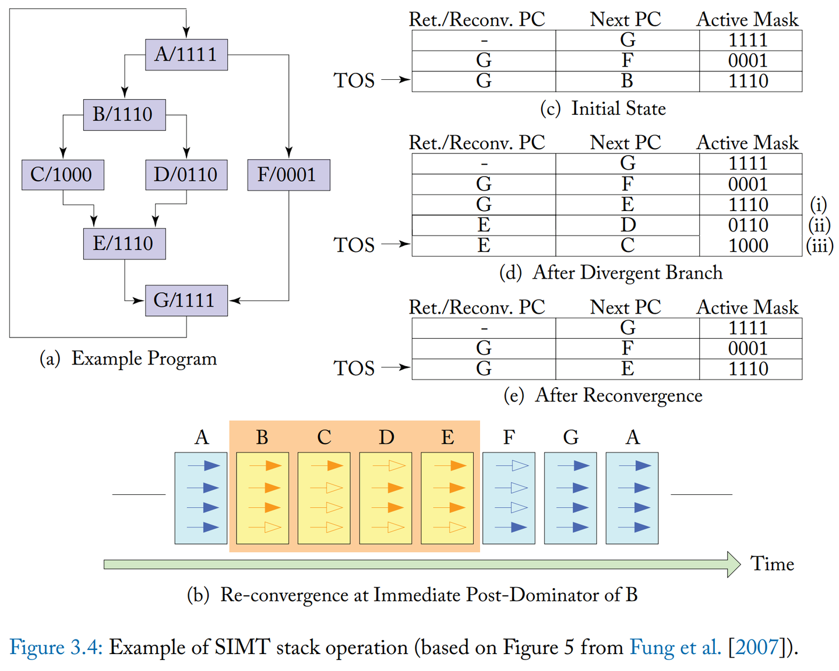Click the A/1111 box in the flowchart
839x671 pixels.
click(186, 55)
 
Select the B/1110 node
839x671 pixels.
click(124, 114)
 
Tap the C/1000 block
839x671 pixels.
click(62, 175)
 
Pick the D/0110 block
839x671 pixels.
click(186, 175)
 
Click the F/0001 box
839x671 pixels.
click(288, 175)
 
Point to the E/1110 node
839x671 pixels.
click(124, 244)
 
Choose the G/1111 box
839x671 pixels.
click(186, 300)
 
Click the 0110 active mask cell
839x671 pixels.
click(748, 225)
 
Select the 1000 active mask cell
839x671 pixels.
click(748, 245)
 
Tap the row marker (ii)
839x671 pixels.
click(819, 225)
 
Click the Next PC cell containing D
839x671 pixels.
click(627, 225)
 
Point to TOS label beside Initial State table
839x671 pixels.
click(354, 80)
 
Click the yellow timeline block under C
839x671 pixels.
click(324, 498)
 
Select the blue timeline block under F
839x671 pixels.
click(509, 498)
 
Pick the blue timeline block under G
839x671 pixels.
click(570, 498)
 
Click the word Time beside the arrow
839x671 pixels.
click(772, 564)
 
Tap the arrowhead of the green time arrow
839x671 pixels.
click(734, 564)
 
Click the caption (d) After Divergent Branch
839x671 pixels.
click(611, 273)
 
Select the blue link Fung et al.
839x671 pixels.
click(675, 647)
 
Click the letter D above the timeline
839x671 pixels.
click(386, 437)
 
